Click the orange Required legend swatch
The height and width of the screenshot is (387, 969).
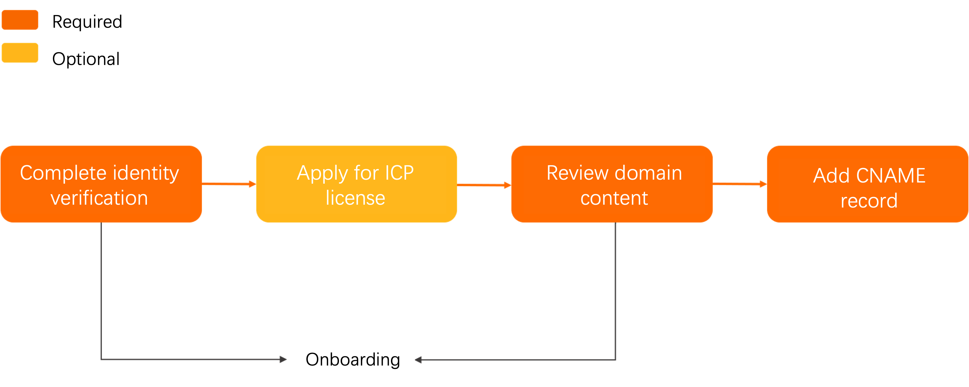[20, 20]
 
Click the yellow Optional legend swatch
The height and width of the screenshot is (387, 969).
[20, 53]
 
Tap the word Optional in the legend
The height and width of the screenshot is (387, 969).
[86, 59]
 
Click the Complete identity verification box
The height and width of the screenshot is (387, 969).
[101, 184]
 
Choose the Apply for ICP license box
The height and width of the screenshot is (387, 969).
[356, 184]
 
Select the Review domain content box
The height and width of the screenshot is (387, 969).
[612, 184]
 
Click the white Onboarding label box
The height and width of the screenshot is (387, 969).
[355, 359]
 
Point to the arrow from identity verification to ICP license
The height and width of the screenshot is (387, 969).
[229, 184]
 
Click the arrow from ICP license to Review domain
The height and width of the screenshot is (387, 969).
[484, 185]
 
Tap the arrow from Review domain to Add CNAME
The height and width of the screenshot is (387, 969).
[740, 184]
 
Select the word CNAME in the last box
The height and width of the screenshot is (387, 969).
[890, 175]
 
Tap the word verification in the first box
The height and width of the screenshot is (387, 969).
[99, 198]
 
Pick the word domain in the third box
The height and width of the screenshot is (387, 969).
[648, 173]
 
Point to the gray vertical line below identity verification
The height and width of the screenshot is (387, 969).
[101, 290]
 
